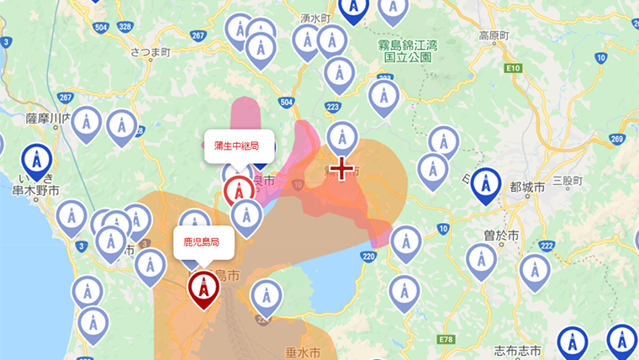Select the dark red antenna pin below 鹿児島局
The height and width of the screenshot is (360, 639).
tap(203, 288)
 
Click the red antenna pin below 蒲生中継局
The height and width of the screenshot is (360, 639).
tap(240, 190)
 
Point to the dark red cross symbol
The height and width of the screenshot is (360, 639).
tap(341, 169)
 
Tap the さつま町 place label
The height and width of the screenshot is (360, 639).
tap(151, 52)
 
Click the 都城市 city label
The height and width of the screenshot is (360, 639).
tap(527, 186)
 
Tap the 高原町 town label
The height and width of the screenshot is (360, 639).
tap(495, 35)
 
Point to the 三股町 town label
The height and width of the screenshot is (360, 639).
tap(568, 180)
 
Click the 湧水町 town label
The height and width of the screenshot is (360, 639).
tap(317, 17)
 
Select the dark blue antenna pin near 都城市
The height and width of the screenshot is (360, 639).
tap(485, 184)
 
